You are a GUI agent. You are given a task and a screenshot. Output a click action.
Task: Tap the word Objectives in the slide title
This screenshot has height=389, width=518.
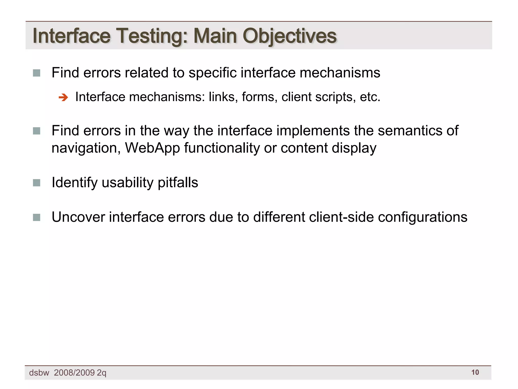290,36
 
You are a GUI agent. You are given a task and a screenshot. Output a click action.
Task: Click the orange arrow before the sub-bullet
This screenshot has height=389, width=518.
63,98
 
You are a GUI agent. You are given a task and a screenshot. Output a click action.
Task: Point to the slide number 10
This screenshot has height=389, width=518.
475,372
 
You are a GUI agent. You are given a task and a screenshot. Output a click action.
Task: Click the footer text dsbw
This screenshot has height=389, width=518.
39,373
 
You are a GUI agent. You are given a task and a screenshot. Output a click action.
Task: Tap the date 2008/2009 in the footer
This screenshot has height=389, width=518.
74,373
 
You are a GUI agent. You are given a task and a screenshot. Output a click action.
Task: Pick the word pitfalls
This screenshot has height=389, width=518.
178,182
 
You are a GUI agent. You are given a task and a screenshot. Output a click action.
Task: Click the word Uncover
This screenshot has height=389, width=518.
78,217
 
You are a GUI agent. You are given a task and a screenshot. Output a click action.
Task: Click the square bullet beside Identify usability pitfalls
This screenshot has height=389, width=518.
37,183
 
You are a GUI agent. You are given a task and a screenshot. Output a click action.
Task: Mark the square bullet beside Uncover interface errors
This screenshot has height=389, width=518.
37,217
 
